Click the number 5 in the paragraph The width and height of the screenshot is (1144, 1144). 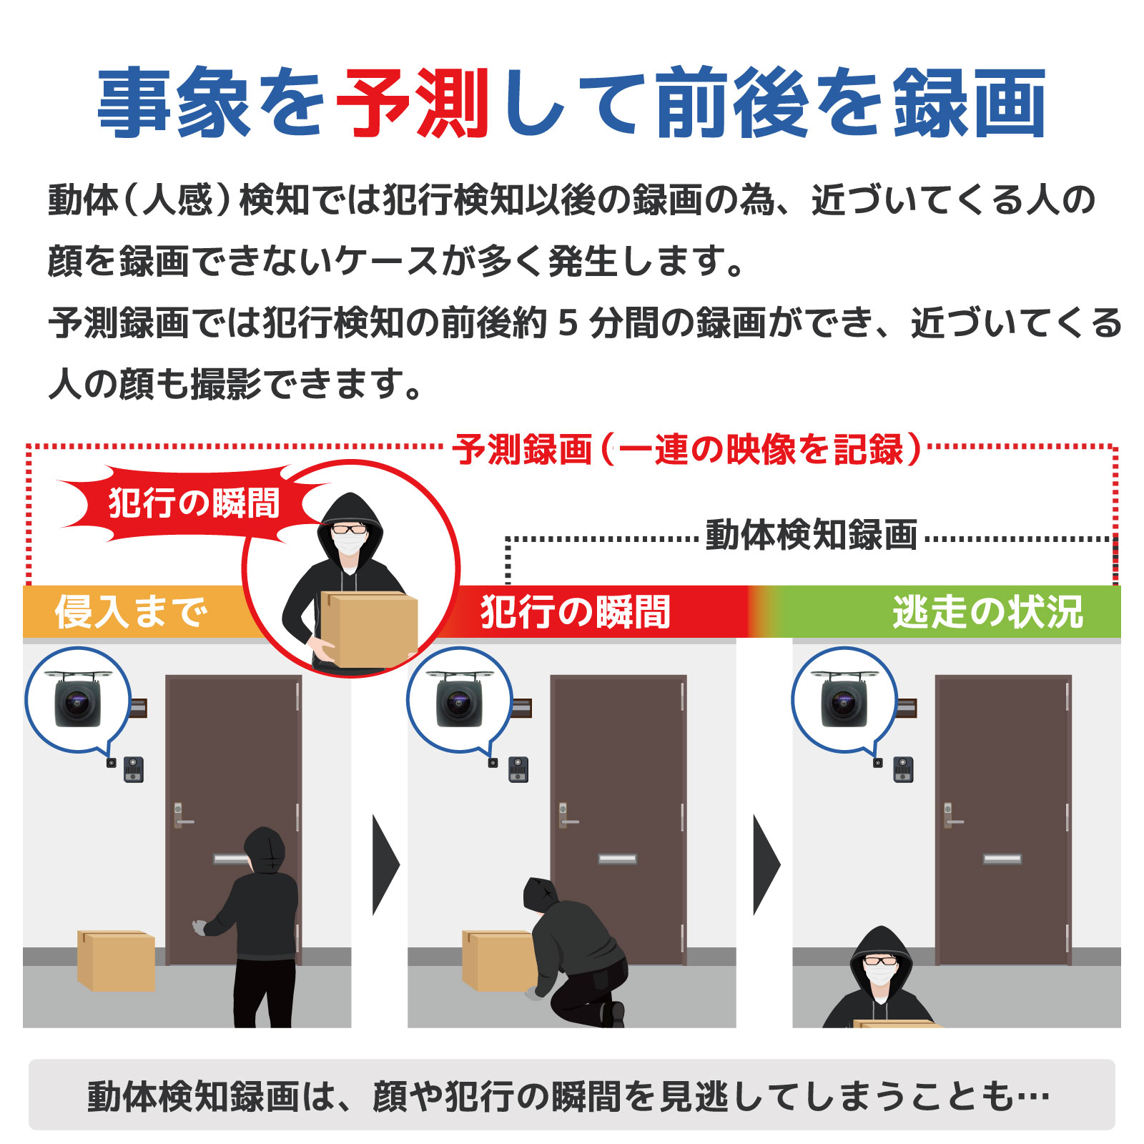click(567, 323)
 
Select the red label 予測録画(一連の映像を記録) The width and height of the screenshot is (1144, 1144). click(686, 450)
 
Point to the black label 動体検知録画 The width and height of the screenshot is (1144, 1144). click(811, 535)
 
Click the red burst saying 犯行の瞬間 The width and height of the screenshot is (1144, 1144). click(193, 503)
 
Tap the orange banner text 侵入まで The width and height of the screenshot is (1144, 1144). click(132, 612)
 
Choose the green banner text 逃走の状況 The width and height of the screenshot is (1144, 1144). click(987, 612)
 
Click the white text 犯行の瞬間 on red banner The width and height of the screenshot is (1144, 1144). click(576, 612)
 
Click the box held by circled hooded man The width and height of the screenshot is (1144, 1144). click(370, 628)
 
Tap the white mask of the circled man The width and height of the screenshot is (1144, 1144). click(350, 544)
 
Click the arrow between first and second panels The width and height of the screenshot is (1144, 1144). click(385, 865)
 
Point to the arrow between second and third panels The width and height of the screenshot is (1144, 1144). click(766, 865)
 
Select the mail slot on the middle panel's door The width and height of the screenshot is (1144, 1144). click(617, 859)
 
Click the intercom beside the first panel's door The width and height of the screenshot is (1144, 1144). click(134, 769)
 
